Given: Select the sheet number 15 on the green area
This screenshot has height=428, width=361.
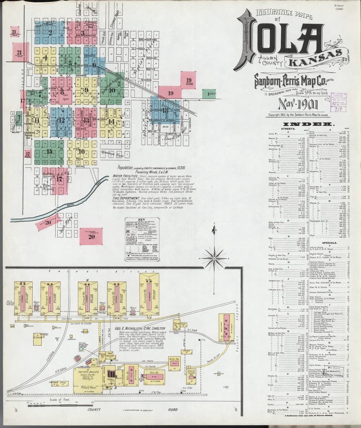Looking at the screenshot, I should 49,151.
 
